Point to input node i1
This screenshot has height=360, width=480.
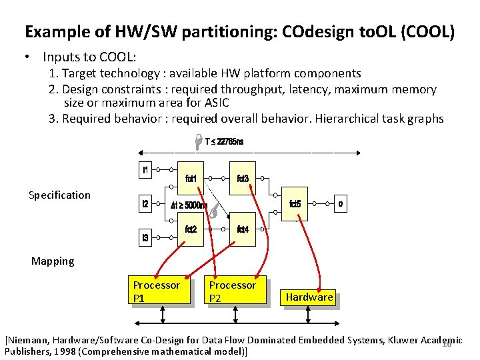pyautogui.click(x=145, y=170)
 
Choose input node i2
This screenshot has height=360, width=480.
pyautogui.click(x=145, y=204)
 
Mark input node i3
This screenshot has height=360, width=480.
pyautogui.click(x=145, y=237)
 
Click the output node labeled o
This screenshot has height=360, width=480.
pyautogui.click(x=340, y=204)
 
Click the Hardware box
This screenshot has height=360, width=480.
pyautogui.click(x=309, y=297)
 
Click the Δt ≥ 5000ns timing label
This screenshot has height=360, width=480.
pyautogui.click(x=189, y=205)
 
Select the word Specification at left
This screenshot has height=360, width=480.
pyautogui.click(x=59, y=195)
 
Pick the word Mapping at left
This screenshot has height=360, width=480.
pyautogui.click(x=53, y=261)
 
